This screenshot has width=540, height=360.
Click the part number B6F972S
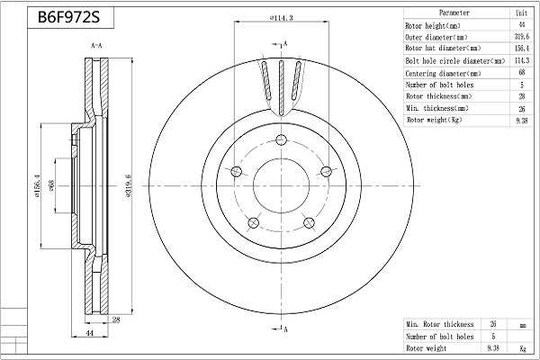pos(68,16)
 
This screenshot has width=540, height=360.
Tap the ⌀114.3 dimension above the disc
pos(282,18)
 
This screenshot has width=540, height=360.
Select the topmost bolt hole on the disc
pos(282,139)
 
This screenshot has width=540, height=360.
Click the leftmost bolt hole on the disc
pos(236,171)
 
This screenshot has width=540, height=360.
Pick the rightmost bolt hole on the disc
pos(326,171)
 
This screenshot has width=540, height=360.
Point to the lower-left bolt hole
pos(254,222)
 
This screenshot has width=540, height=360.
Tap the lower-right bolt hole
pos(309,222)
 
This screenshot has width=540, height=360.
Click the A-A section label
pos(96,46)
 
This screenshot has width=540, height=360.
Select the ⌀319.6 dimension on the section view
pos(129,185)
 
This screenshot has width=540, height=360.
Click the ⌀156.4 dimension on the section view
pos(37,186)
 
